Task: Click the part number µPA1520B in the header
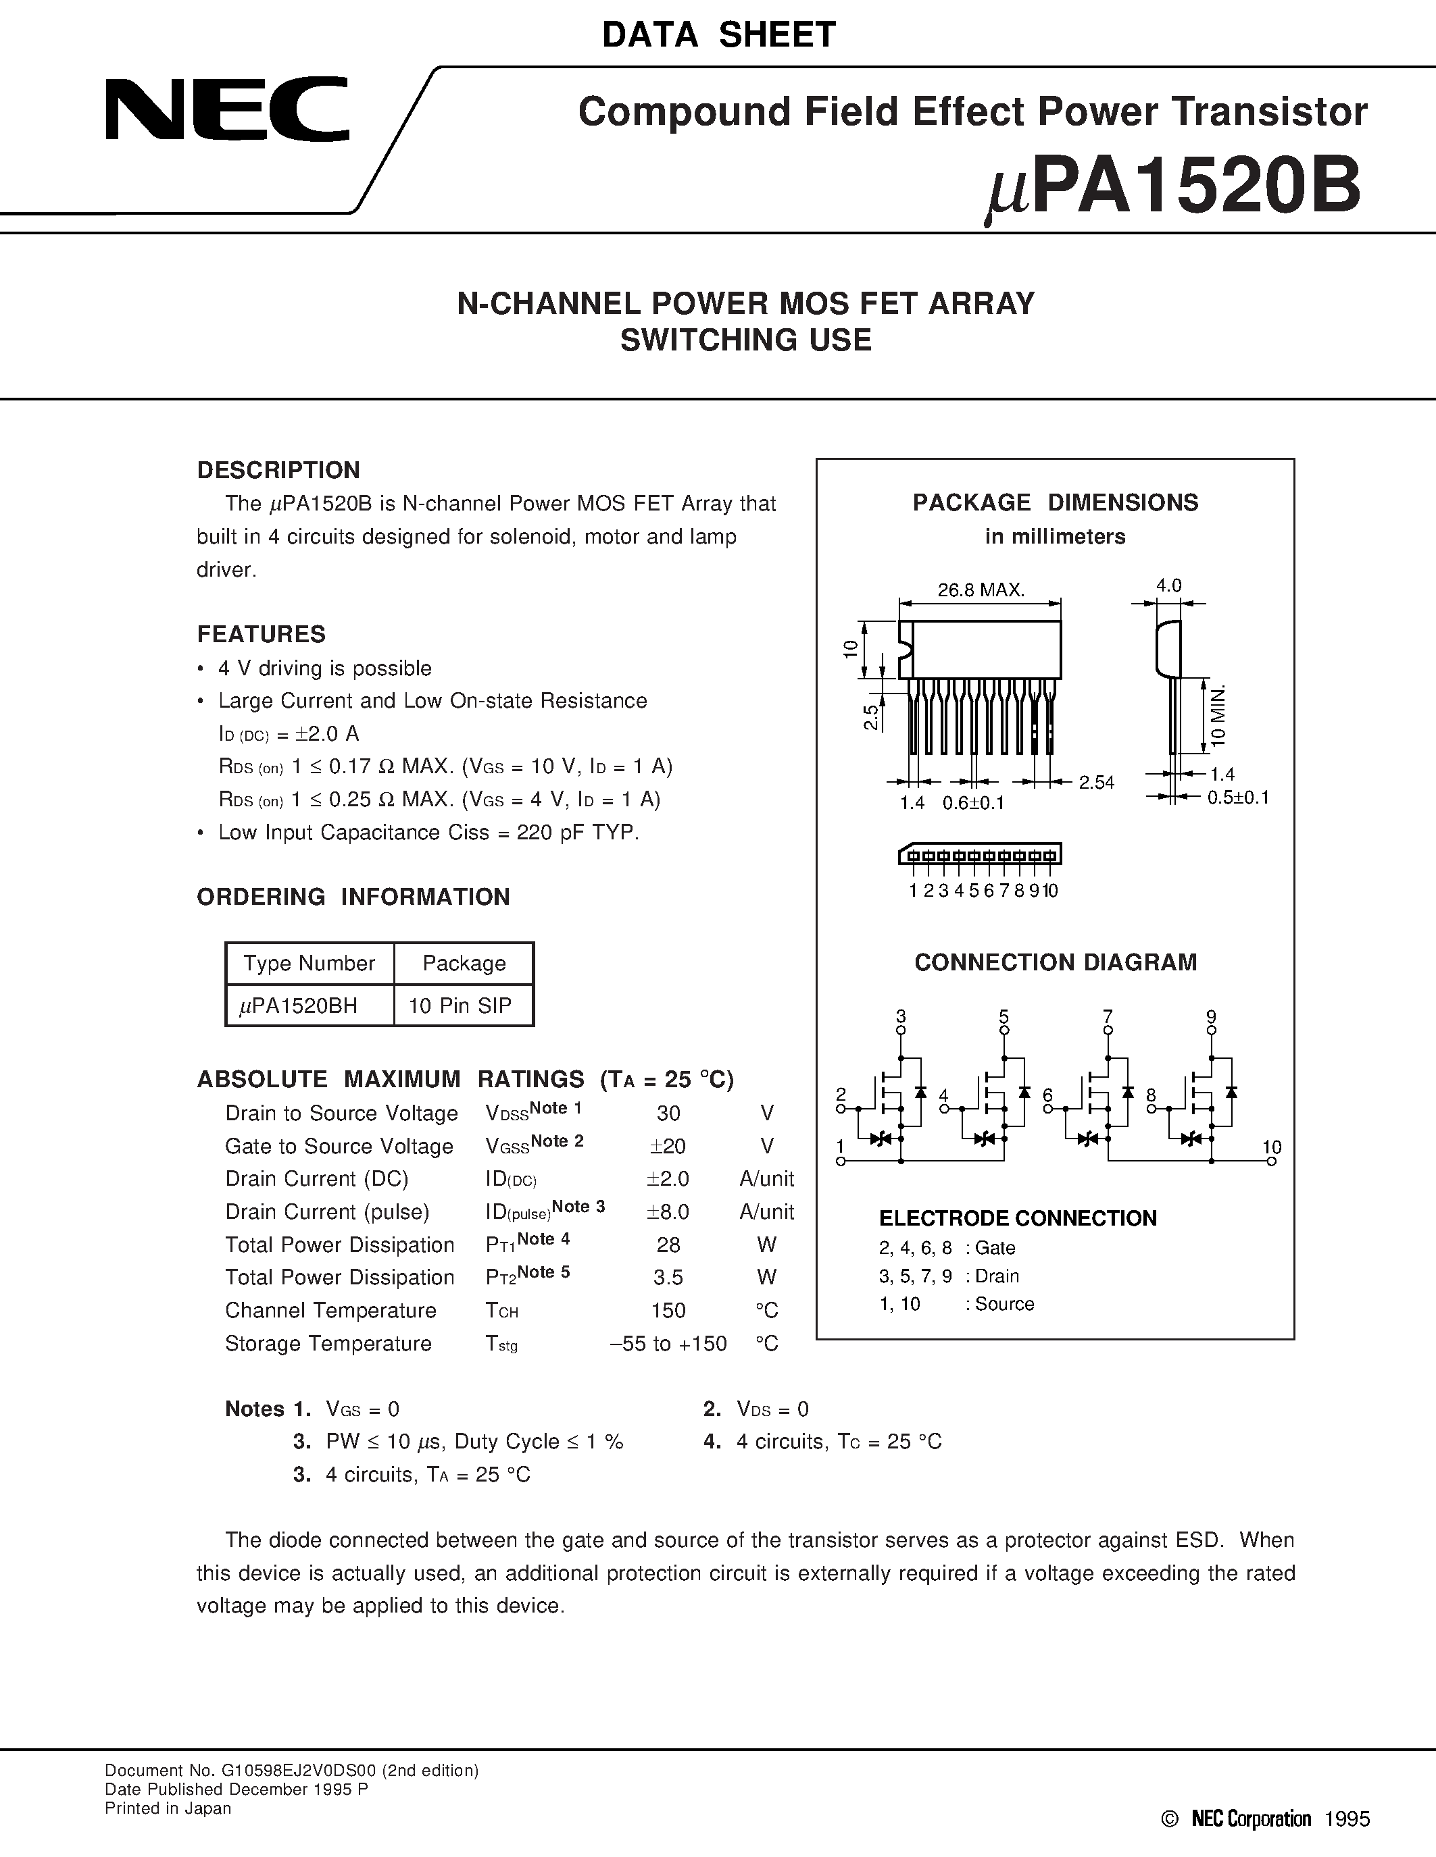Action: pos(1174,189)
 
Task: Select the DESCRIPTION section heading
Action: pos(278,470)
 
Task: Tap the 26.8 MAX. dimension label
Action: pos(981,590)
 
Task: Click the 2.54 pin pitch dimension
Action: pos(1097,782)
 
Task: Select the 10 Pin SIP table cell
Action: pos(460,1006)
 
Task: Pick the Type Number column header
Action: pos(309,964)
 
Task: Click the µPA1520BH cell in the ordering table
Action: pos(299,1006)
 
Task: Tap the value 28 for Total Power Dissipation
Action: pos(668,1245)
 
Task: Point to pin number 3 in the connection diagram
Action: pos(901,1016)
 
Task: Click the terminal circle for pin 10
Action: pos(1272,1161)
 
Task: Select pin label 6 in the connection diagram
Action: pos(1047,1096)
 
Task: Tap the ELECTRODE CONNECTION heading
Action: pos(1018,1218)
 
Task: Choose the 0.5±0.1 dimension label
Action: pos(1238,797)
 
